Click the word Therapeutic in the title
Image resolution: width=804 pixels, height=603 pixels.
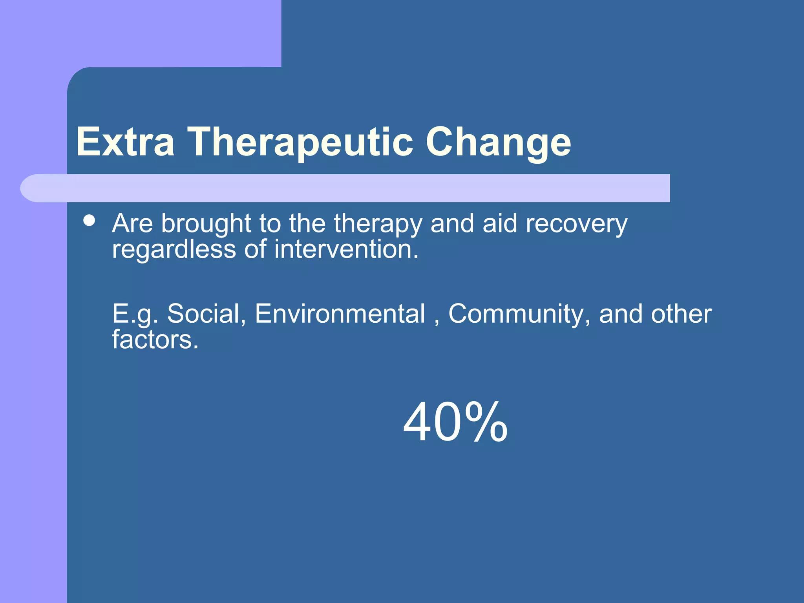click(x=300, y=142)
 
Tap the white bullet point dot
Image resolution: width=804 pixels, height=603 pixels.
click(x=90, y=220)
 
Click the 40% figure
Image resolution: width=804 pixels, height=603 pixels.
click(x=455, y=422)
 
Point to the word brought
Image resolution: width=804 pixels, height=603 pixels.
click(x=206, y=224)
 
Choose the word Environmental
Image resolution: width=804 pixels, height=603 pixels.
click(x=340, y=314)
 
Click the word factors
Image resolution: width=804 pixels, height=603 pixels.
click(x=155, y=340)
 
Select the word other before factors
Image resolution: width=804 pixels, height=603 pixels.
click(x=681, y=314)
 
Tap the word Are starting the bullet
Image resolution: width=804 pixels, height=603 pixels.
click(x=132, y=223)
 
